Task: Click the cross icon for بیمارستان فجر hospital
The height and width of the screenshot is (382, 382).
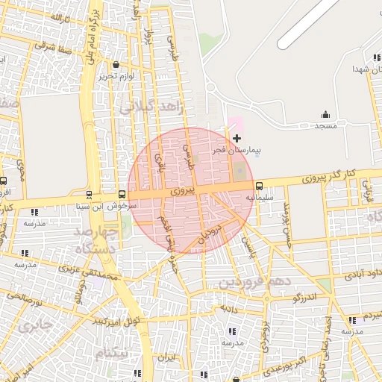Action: [237, 138]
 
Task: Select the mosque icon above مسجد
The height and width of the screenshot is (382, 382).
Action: [325, 114]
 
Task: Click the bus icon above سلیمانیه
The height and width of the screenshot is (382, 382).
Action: [259, 186]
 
